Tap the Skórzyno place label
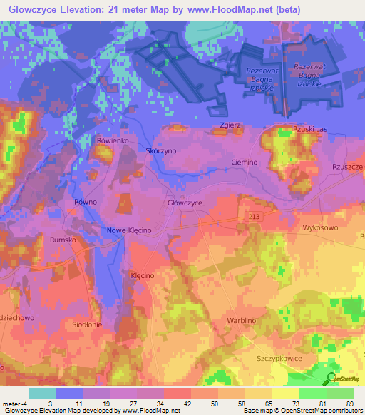coord(160,152)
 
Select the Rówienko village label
coord(112,141)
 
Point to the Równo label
coord(85,203)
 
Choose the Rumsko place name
coord(63,240)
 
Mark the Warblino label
coord(242,321)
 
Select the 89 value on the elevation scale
coord(349,404)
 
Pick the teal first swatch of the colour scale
coord(41,393)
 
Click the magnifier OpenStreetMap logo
coord(331,379)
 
